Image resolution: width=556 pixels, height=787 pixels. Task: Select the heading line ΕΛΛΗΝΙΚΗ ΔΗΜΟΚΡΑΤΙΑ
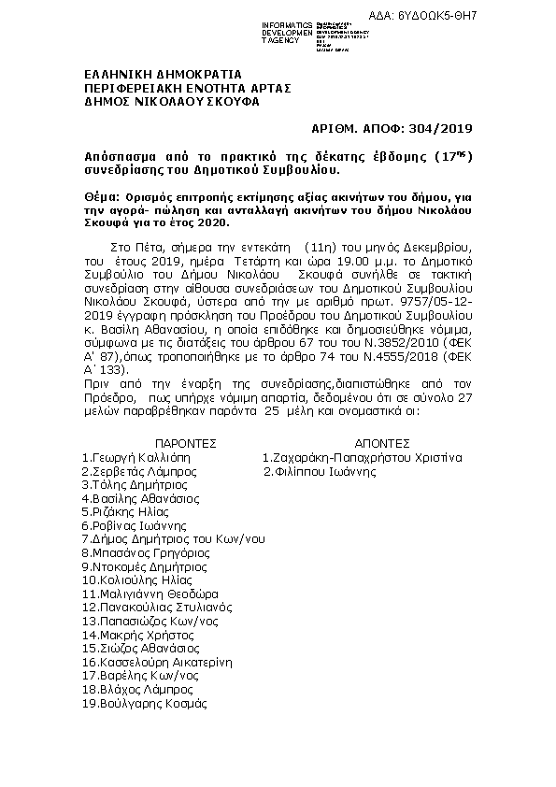163,74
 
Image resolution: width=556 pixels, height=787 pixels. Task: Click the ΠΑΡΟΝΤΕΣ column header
185,444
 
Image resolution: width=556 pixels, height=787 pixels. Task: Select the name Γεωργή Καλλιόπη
139,458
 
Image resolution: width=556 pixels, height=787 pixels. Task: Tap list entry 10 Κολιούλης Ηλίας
141,580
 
